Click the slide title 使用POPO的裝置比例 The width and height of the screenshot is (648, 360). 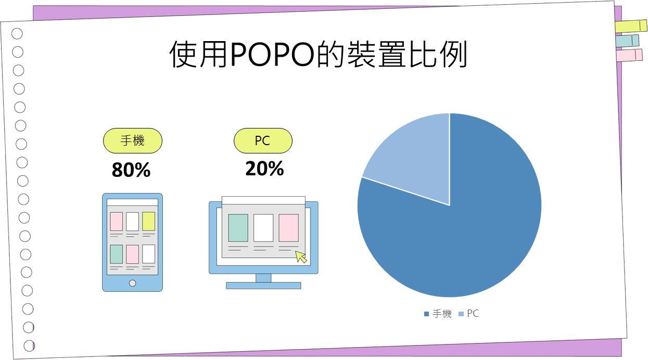318,54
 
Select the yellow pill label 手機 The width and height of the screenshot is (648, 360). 133,141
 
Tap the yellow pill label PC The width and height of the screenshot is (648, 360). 263,141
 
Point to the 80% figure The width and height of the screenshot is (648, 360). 131,170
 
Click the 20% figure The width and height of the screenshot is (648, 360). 264,169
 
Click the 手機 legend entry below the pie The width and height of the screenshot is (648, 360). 438,314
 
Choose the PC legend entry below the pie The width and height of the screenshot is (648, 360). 469,314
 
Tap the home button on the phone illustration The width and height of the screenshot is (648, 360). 133,283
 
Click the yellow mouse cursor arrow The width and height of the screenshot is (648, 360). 300,256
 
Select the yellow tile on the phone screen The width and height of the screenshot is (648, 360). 148,221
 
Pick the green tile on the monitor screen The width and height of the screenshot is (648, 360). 238,228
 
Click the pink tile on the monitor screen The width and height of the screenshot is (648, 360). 289,228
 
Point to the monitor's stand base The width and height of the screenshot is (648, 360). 263,286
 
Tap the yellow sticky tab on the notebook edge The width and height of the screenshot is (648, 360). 631,27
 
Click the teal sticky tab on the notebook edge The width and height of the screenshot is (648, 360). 627,41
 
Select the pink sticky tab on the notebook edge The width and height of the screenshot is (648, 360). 629,55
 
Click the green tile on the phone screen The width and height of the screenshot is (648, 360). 116,254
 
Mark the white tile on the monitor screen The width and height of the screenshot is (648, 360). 263,228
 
